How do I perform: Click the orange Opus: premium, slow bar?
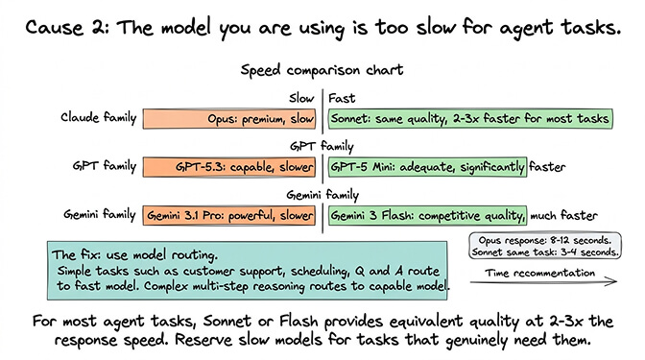(231, 120)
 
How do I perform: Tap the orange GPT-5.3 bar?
(231, 167)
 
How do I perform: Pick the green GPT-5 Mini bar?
(428, 167)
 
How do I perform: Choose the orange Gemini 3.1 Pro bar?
(231, 215)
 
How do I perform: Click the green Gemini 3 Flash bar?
(428, 215)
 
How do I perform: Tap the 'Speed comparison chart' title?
(322, 70)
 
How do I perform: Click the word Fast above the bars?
(341, 97)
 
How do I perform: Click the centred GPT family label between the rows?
(322, 146)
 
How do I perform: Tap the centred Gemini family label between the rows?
(322, 194)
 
